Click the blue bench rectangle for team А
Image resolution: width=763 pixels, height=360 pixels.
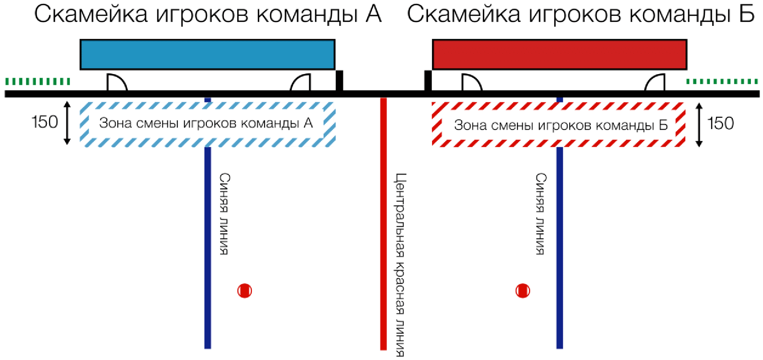[207, 55]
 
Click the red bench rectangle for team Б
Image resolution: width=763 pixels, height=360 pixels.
[560, 55]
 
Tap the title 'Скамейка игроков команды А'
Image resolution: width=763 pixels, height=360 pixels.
[208, 14]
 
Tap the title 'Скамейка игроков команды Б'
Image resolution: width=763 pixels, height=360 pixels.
[581, 14]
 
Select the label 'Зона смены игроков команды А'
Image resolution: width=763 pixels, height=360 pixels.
[206, 123]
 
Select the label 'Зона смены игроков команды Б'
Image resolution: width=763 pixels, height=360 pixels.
[560, 125]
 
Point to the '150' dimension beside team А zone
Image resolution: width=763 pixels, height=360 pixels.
[45, 122]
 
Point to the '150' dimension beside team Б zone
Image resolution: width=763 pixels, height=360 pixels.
[721, 123]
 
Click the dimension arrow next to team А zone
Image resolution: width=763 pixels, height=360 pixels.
[68, 123]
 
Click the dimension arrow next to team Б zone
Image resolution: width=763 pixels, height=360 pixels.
[699, 125]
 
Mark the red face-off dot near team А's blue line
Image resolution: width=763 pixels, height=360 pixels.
[244, 290]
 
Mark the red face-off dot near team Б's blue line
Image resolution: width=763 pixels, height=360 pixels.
[523, 290]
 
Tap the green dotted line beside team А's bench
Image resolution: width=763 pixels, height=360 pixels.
[38, 82]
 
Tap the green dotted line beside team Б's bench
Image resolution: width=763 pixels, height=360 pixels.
[722, 82]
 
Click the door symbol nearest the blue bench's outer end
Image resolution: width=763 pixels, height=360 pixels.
[117, 83]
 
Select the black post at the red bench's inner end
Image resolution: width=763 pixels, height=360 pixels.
[428, 81]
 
